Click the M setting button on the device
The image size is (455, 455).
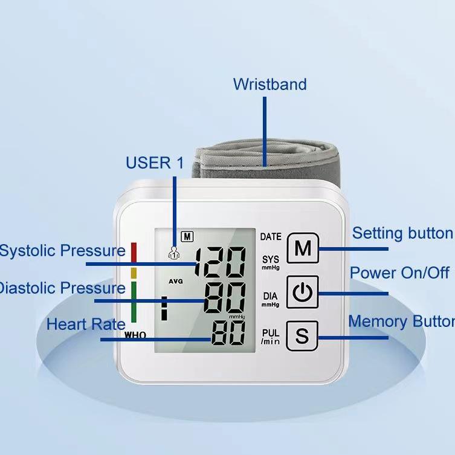pos(302,248)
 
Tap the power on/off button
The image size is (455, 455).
pos(302,293)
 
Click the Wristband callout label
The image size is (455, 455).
pos(269,84)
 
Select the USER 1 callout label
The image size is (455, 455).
pos(154,163)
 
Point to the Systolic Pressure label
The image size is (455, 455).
pos(62,250)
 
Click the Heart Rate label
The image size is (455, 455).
pos(85,324)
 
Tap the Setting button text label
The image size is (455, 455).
pos(402,233)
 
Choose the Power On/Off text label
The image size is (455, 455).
pos(399,273)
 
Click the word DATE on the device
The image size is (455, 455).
pos(271,237)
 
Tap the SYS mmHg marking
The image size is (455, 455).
pos(271,262)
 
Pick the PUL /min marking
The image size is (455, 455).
pos(270,337)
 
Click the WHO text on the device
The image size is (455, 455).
pos(135,335)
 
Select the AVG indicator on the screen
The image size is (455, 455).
pos(176,282)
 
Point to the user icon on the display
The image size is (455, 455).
pos(174,253)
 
